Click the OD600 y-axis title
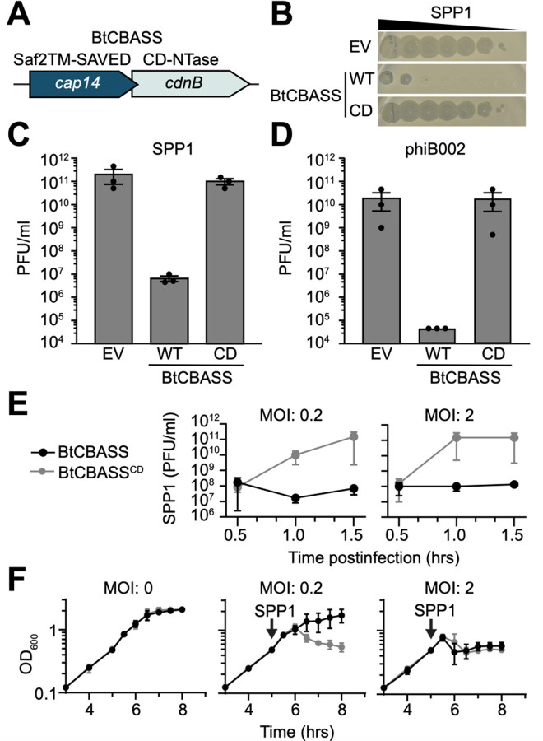(24, 645)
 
